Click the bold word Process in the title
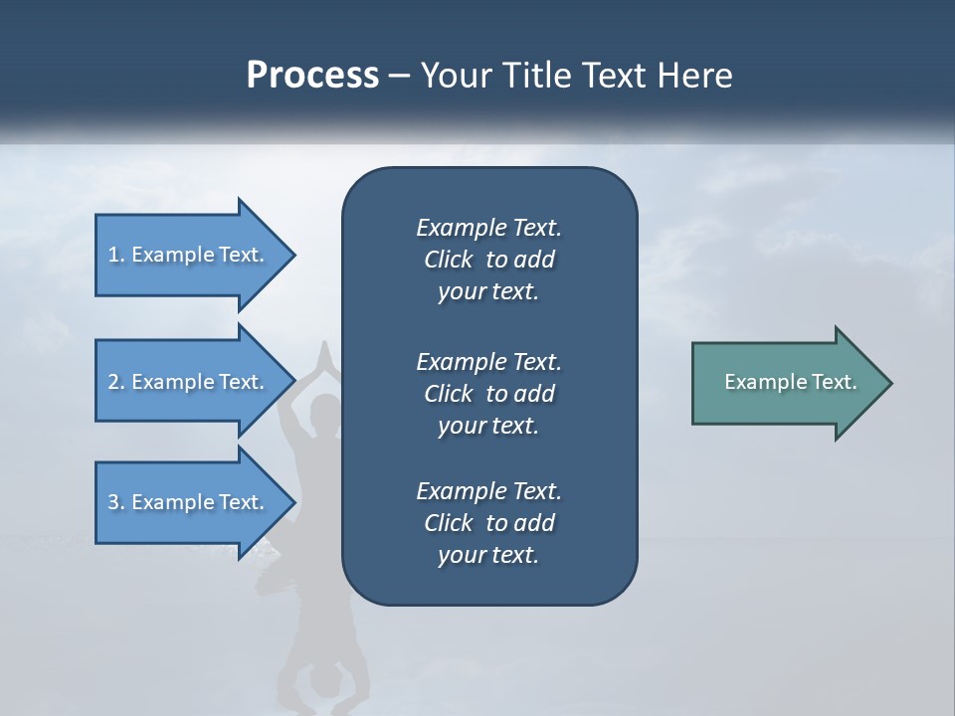312,76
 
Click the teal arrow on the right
786,383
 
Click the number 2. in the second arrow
116,382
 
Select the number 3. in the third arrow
116,502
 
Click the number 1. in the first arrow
116,255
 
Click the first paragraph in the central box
488,260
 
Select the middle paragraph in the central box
488,394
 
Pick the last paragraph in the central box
488,523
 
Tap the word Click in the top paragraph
448,260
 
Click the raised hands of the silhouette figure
323,353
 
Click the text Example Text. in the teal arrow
791,382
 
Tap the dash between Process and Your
399,77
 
